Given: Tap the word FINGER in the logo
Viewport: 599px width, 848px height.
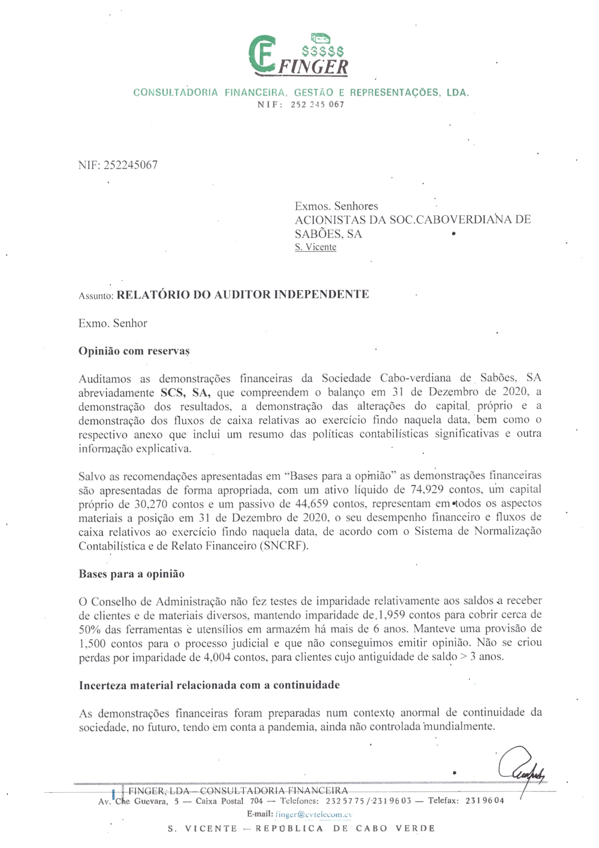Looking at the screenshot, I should pyautogui.click(x=313, y=67).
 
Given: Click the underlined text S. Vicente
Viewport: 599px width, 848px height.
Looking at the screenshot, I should pyautogui.click(x=315, y=248).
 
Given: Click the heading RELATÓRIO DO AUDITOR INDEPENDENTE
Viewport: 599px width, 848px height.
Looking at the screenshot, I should pyautogui.click(x=243, y=294).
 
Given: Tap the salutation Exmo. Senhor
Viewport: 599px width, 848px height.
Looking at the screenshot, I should pyautogui.click(x=113, y=324).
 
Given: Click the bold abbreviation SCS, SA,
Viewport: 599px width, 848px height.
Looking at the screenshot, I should pyautogui.click(x=186, y=393).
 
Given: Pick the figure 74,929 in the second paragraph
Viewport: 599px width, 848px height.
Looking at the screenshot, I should pyautogui.click(x=427, y=490).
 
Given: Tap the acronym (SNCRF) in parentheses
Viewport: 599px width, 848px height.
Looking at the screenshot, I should pyautogui.click(x=285, y=546).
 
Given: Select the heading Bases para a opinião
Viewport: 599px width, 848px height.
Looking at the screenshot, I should pyautogui.click(x=131, y=574).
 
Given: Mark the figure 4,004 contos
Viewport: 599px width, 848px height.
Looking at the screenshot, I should pyautogui.click(x=218, y=657).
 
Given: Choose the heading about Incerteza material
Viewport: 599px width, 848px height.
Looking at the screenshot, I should pyautogui.click(x=209, y=686).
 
